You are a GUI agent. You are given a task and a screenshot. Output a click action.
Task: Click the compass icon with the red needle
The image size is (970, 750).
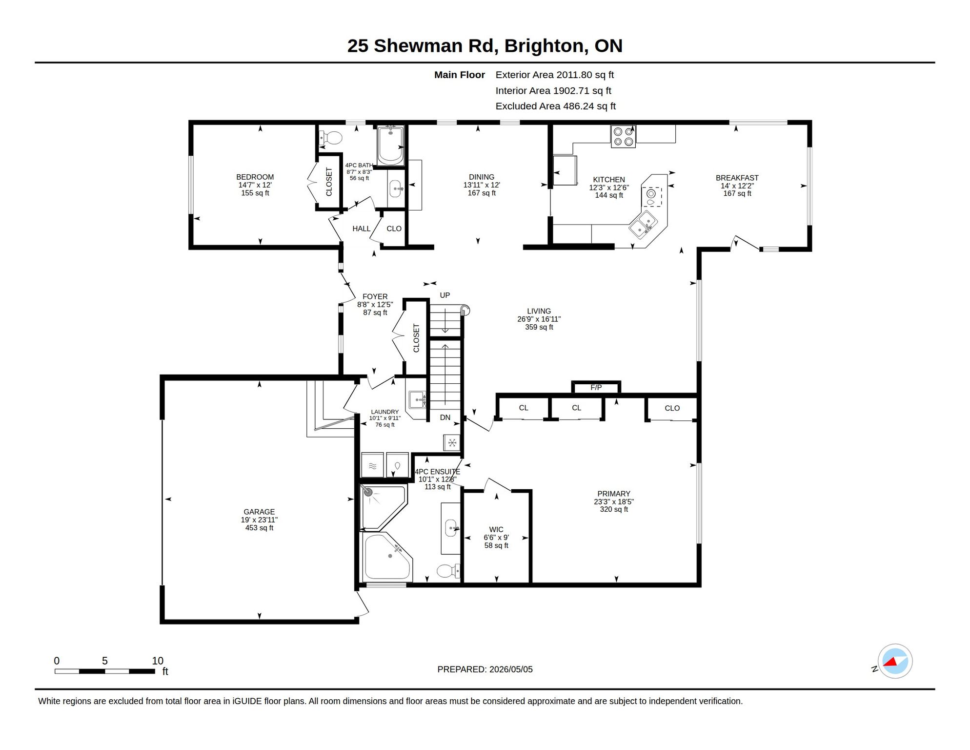pyautogui.click(x=895, y=661)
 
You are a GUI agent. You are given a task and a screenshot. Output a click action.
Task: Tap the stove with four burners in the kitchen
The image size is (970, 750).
pyautogui.click(x=623, y=136)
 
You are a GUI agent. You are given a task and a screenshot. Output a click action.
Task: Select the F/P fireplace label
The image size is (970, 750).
pyautogui.click(x=596, y=387)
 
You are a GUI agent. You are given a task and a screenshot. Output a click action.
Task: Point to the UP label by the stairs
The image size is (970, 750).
pyautogui.click(x=445, y=295)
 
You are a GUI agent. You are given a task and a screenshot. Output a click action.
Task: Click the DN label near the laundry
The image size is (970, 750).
pyautogui.click(x=445, y=417)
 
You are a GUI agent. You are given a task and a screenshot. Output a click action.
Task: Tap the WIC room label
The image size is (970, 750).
pyautogui.click(x=496, y=529)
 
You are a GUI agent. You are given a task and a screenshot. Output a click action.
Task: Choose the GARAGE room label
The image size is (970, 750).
pyautogui.click(x=259, y=512)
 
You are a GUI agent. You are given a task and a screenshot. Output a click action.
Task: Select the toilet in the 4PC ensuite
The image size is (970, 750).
pyautogui.click(x=448, y=570)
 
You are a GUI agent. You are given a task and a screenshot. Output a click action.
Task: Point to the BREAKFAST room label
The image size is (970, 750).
pyautogui.click(x=737, y=178)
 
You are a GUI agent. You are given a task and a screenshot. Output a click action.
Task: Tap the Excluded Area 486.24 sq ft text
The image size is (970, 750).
pyautogui.click(x=555, y=106)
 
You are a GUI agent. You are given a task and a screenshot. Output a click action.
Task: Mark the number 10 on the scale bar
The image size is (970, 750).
pyautogui.click(x=157, y=661)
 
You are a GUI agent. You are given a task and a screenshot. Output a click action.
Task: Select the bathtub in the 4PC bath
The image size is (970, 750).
pyautogui.click(x=391, y=146)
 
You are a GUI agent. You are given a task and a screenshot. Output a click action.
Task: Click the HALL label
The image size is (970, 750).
pyautogui.click(x=361, y=229)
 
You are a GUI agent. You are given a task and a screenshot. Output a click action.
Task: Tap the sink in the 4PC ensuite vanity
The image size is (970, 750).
pyautogui.click(x=451, y=528)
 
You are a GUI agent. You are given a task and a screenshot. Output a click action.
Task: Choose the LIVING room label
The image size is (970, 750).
pyautogui.click(x=539, y=311)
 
